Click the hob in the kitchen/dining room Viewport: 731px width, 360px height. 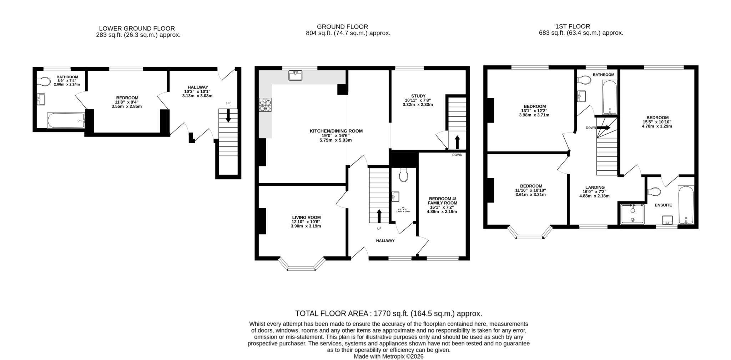click(x=265, y=105)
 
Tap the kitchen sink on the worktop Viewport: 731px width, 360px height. click(x=295, y=75)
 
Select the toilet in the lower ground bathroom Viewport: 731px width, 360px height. click(x=44, y=82)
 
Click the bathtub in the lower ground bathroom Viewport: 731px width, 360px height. click(x=66, y=120)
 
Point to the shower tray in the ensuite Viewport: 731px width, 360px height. click(x=632, y=214)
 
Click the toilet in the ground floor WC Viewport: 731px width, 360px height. click(x=404, y=175)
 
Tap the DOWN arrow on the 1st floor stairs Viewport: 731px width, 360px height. click(x=604, y=127)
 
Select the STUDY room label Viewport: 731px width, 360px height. click(x=418, y=96)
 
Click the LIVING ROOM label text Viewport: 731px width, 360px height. click(x=306, y=217)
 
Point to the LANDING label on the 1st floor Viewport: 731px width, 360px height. click(x=595, y=187)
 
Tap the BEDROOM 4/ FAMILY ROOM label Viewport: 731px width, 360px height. click(x=442, y=201)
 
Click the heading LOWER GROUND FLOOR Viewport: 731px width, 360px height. click(x=137, y=29)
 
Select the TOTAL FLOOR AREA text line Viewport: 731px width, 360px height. click(x=388, y=314)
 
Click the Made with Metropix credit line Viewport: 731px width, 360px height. click(x=388, y=356)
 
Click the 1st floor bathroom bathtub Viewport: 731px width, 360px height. click(x=610, y=97)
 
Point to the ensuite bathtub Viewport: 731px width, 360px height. click(x=686, y=205)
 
